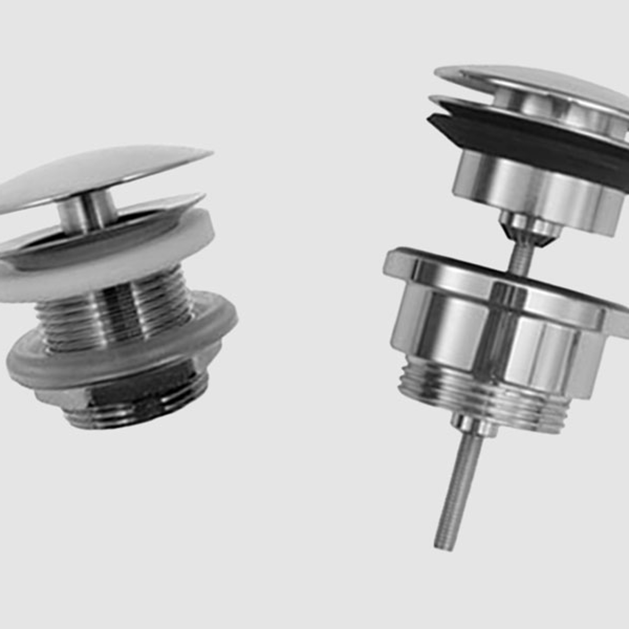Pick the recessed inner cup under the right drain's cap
pos(554,111)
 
